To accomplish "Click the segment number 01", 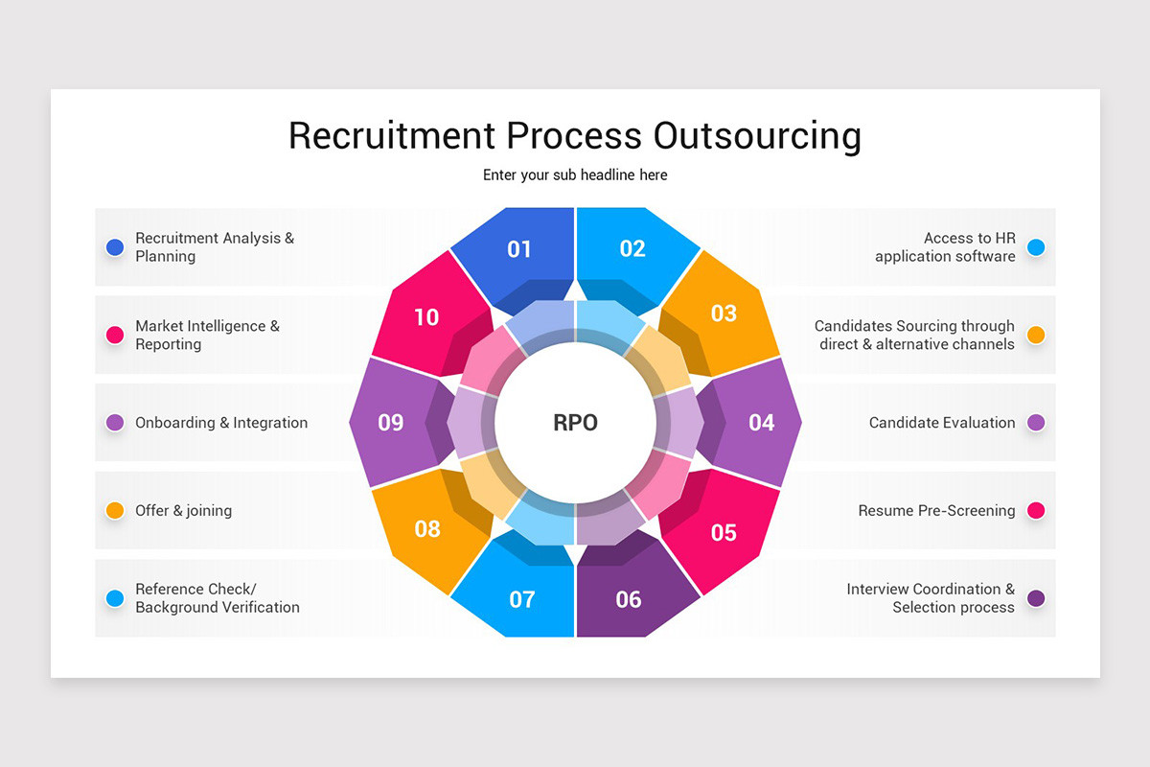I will tap(519, 249).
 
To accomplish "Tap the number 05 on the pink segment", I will tap(724, 533).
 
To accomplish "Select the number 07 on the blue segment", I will tap(522, 600).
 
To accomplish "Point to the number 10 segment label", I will tap(426, 317).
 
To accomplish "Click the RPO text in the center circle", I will tap(575, 423).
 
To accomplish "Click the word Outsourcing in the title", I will tap(757, 135).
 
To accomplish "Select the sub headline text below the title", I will tap(575, 175).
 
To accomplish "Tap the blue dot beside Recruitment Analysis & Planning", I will tap(115, 247).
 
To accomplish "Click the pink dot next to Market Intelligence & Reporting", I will tap(115, 336).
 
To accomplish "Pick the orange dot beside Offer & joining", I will tap(115, 511).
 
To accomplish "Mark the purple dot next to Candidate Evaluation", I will tap(1035, 423).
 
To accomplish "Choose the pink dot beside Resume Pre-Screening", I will tap(1035, 511).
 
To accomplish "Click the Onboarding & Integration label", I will tap(221, 423).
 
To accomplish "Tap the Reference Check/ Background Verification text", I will tap(218, 598).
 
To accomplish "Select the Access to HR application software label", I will tap(945, 247).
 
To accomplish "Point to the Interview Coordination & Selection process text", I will tap(931, 598).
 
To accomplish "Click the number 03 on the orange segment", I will tap(724, 314).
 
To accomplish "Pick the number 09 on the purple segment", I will tap(391, 423).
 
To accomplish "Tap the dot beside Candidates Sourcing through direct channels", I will tap(1035, 336).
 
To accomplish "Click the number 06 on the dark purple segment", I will tap(629, 600).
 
